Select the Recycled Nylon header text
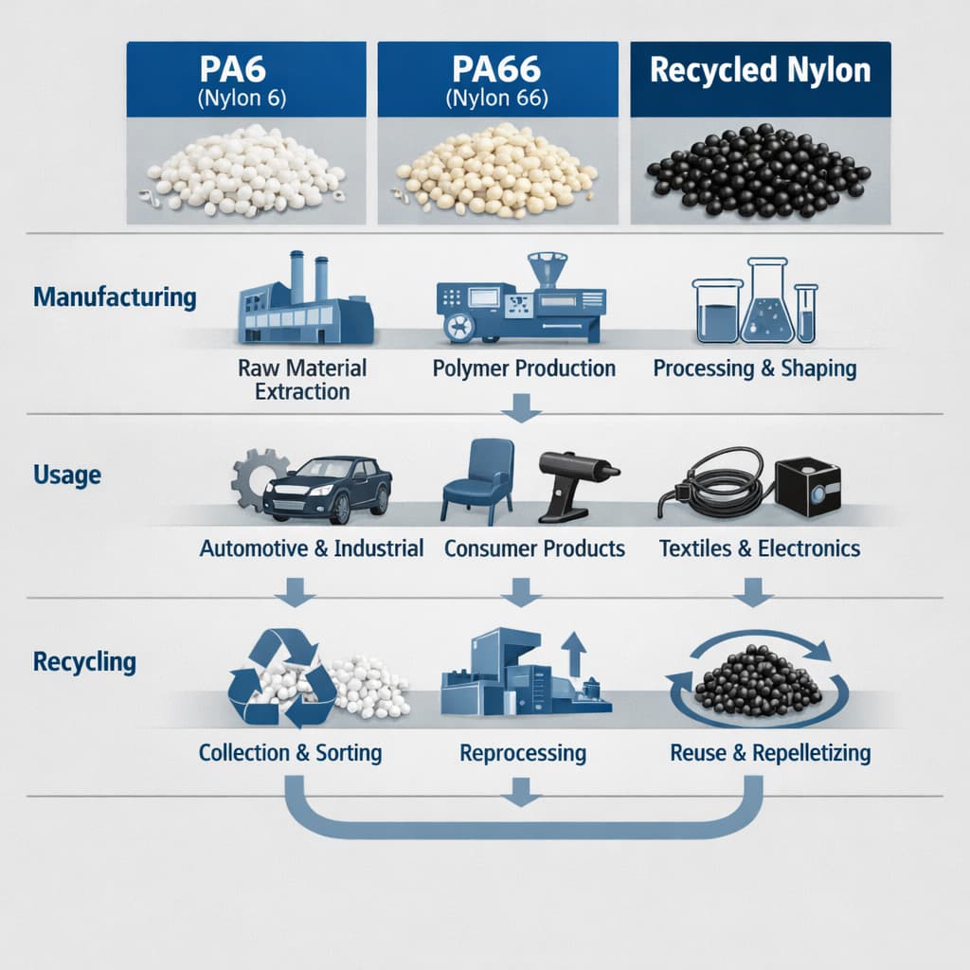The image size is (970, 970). click(760, 71)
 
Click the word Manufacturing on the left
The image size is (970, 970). click(115, 297)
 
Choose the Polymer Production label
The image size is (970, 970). click(524, 368)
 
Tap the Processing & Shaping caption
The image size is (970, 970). click(755, 368)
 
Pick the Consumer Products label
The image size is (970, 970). click(534, 548)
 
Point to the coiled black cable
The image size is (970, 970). click(715, 484)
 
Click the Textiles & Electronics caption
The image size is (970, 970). click(759, 548)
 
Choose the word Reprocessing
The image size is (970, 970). click(523, 754)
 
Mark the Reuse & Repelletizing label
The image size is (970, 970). click(770, 754)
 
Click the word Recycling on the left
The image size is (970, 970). click(84, 661)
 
